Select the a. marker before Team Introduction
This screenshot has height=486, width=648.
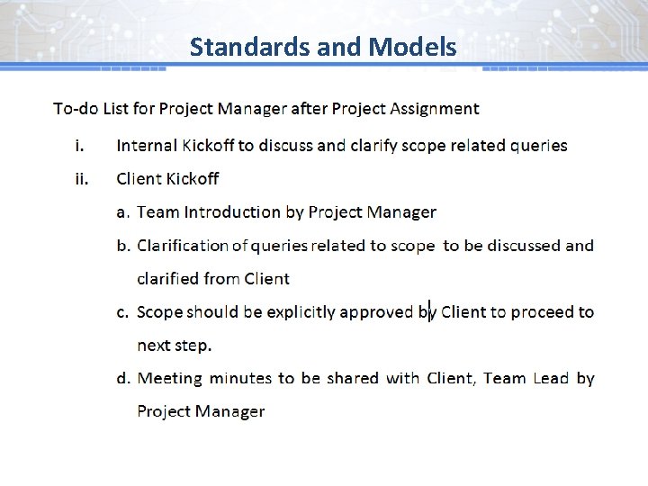pos(124,212)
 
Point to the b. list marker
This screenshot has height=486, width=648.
pos(124,246)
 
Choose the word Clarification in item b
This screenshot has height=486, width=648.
pos(184,246)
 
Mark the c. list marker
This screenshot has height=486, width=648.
pos(123,312)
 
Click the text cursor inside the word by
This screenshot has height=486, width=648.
pos(430,310)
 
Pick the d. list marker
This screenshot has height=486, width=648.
pos(124,379)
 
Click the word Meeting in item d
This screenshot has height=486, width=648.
pos(170,379)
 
